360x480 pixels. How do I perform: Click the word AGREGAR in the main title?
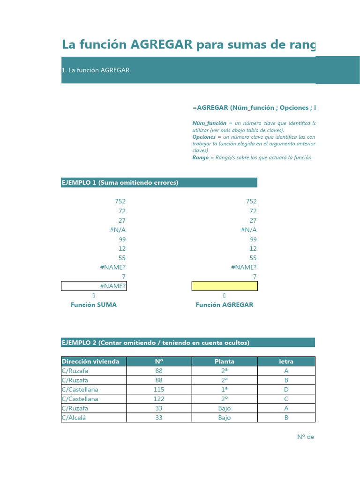coord(162,45)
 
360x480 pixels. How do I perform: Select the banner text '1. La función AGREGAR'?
coord(96,70)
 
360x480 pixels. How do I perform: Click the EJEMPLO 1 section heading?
coord(120,182)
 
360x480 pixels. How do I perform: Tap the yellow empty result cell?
coord(225,286)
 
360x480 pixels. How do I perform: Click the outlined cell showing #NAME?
coord(94,286)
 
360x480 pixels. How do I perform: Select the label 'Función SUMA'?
coord(94,305)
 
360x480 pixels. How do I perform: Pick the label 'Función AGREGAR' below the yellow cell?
coord(225,305)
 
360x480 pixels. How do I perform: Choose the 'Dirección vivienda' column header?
coord(91,361)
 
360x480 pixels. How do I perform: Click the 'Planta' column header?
coord(225,361)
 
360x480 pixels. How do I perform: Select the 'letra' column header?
coord(286,361)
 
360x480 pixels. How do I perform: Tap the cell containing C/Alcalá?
coord(77,418)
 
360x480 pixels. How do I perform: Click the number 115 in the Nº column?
coord(159,390)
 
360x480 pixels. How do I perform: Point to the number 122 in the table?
coord(159,399)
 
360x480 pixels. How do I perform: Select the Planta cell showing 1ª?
coord(225,390)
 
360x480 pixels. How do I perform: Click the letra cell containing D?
coord(286,390)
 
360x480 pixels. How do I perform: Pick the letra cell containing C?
coord(286,399)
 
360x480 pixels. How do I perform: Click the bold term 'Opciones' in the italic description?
coord(204,137)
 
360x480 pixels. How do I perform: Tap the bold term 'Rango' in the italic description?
coord(200,157)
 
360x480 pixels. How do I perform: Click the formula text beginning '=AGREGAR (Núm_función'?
coord(254,108)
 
